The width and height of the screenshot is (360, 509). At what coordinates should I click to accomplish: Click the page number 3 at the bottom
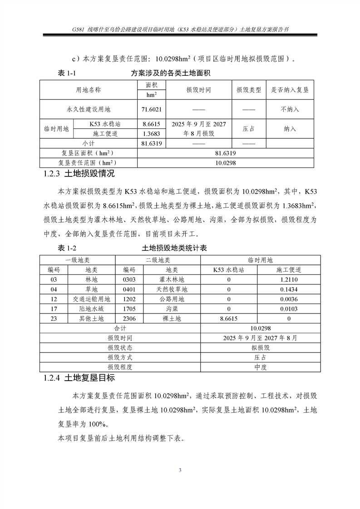(x=180, y=470)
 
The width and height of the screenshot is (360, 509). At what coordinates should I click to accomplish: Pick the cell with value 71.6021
(x=152, y=109)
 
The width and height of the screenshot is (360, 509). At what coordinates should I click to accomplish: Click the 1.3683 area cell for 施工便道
(x=152, y=134)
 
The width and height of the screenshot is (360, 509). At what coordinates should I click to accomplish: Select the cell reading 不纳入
(x=290, y=109)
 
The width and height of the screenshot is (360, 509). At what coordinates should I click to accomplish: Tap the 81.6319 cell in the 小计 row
(x=152, y=143)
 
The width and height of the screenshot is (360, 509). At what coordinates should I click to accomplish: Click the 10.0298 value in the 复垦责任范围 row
(x=225, y=162)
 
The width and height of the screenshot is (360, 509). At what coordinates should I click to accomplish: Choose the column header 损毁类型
(x=249, y=90)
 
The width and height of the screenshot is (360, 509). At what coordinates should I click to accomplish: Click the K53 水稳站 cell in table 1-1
(x=105, y=124)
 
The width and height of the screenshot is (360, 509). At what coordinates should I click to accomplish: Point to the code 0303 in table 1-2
(x=129, y=280)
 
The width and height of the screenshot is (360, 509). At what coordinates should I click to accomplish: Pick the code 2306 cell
(x=129, y=319)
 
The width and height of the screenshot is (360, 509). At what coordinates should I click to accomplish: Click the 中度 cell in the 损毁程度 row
(x=261, y=367)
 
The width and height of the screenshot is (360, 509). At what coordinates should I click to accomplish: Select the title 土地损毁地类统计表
(x=175, y=249)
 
